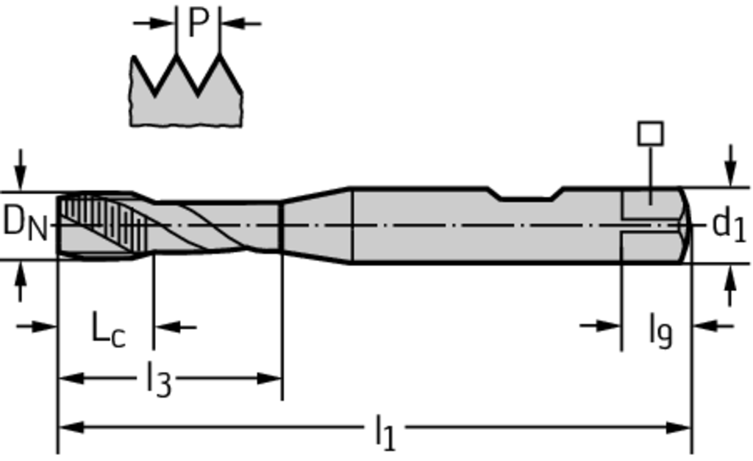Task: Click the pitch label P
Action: (x=199, y=23)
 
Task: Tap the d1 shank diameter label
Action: (x=729, y=224)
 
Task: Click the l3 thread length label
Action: (x=159, y=379)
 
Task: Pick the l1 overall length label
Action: (x=385, y=432)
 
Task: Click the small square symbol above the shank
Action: (x=651, y=134)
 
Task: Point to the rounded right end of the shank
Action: (x=686, y=225)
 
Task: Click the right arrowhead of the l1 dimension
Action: (x=679, y=427)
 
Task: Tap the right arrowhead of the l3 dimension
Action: (x=269, y=379)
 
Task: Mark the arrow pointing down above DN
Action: (x=20, y=170)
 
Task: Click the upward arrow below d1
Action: (x=730, y=286)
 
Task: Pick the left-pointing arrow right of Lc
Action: (x=175, y=327)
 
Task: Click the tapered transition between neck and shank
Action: (x=317, y=225)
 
